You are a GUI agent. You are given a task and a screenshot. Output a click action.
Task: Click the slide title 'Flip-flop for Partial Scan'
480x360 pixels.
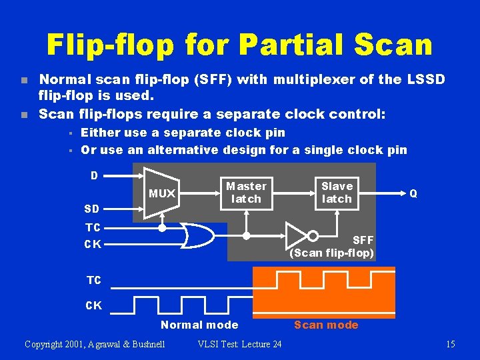(x=239, y=45)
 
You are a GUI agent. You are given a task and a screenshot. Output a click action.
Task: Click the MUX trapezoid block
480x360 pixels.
(x=161, y=193)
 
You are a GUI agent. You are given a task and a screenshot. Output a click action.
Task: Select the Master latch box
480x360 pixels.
(x=246, y=192)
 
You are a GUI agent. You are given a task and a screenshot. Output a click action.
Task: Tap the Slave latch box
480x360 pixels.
(x=337, y=192)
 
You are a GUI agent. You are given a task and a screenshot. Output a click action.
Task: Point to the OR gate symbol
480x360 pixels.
(x=197, y=235)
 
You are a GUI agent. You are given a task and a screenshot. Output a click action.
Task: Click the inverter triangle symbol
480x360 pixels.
(x=297, y=235)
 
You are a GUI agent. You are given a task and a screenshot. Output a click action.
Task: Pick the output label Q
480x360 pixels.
(x=413, y=193)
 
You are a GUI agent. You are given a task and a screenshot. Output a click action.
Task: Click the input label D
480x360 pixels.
(x=95, y=176)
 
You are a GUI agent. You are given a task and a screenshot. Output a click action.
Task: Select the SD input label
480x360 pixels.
(x=93, y=209)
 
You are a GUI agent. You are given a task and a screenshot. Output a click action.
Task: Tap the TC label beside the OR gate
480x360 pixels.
(x=93, y=227)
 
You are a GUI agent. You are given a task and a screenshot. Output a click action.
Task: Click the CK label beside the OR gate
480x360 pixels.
(x=93, y=244)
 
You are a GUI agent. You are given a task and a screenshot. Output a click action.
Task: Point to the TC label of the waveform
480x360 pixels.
(x=93, y=281)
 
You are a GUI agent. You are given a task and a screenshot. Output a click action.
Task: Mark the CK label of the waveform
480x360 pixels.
(x=93, y=306)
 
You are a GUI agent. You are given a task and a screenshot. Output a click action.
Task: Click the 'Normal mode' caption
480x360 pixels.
(x=199, y=325)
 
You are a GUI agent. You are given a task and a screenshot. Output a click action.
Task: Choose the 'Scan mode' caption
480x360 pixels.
(x=326, y=325)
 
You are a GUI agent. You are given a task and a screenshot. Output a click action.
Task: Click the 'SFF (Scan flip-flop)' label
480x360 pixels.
(x=332, y=247)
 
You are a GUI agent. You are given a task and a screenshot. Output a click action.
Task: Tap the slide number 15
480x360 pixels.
(x=450, y=344)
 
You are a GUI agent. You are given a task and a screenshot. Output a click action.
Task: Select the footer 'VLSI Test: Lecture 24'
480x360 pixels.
(x=239, y=344)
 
